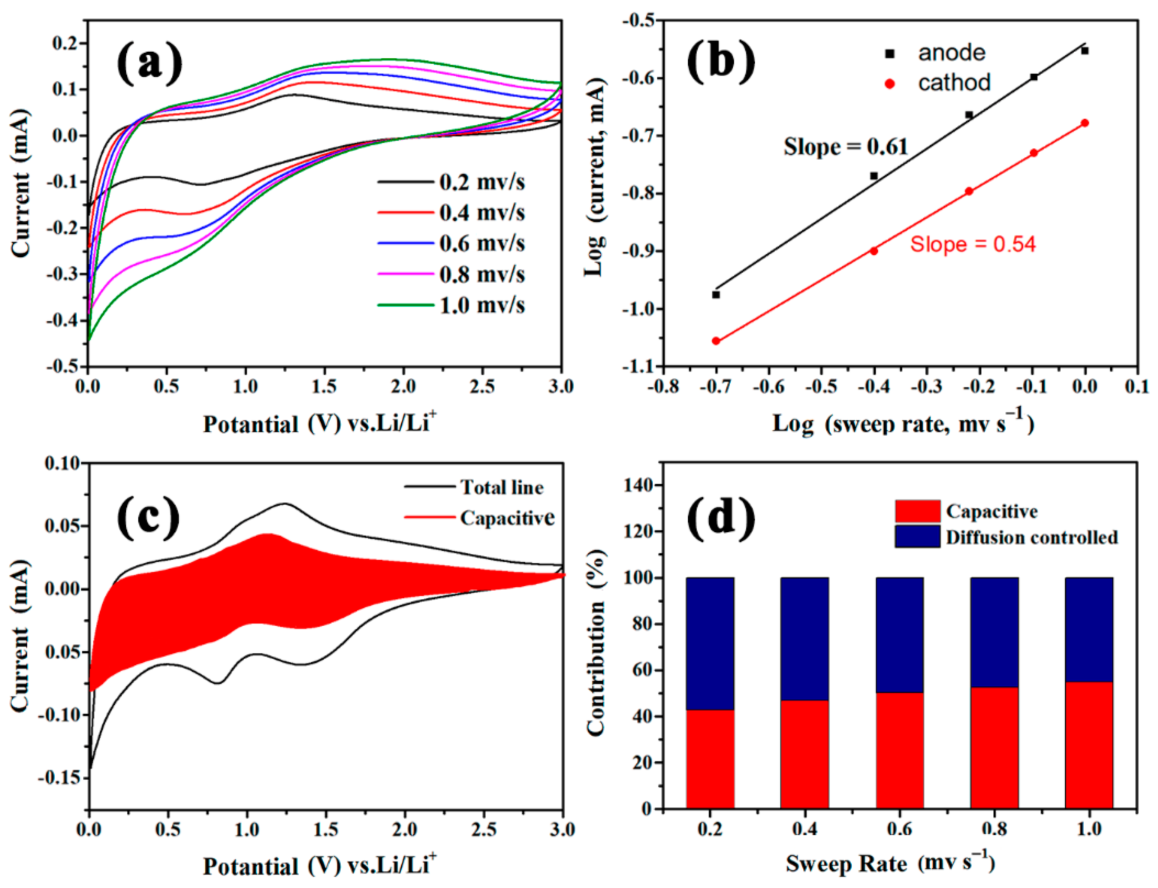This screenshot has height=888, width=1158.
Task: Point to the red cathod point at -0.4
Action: (874, 251)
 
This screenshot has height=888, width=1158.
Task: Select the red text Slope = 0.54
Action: (972, 244)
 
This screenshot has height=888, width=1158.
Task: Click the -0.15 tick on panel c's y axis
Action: (59, 777)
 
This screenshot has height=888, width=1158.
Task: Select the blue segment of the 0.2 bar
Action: (710, 643)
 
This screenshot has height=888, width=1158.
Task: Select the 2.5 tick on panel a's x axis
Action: (482, 386)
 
